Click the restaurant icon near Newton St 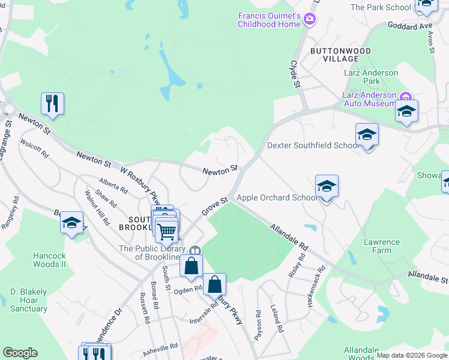53,103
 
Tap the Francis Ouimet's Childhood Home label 269,20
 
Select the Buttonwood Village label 340,55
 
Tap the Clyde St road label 295,73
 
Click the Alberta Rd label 113,187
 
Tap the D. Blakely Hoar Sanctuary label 28,300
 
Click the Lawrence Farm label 381,247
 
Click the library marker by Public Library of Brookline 194,251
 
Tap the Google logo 20,353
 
